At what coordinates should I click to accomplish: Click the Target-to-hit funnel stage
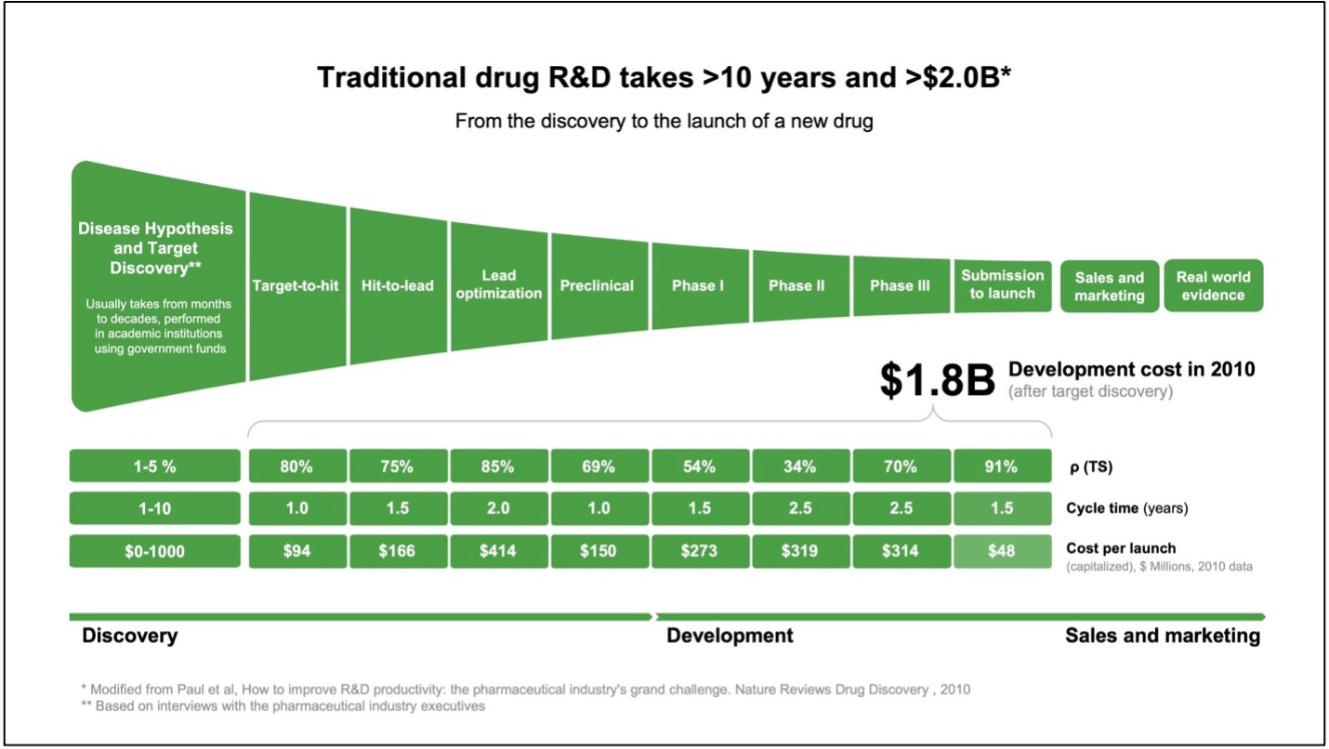point(296,285)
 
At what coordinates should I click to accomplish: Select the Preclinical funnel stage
point(597,285)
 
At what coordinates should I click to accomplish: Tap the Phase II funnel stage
point(796,285)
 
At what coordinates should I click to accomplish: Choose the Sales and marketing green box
point(1109,286)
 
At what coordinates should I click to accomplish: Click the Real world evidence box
point(1213,285)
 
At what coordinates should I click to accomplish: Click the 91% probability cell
point(1001,466)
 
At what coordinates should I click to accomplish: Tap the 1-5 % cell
point(154,466)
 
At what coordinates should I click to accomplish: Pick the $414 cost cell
point(497,551)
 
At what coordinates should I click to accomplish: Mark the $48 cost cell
point(1001,551)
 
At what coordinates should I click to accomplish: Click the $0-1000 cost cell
point(154,551)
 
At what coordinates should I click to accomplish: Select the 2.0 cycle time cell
point(497,508)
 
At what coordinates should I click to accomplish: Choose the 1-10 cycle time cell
point(154,508)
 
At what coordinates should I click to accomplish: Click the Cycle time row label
point(1125,508)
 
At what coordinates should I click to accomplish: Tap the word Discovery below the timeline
point(129,636)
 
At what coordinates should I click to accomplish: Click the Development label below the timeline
point(730,636)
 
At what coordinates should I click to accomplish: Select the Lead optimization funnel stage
point(499,284)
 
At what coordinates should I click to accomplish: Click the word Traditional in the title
point(379,78)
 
